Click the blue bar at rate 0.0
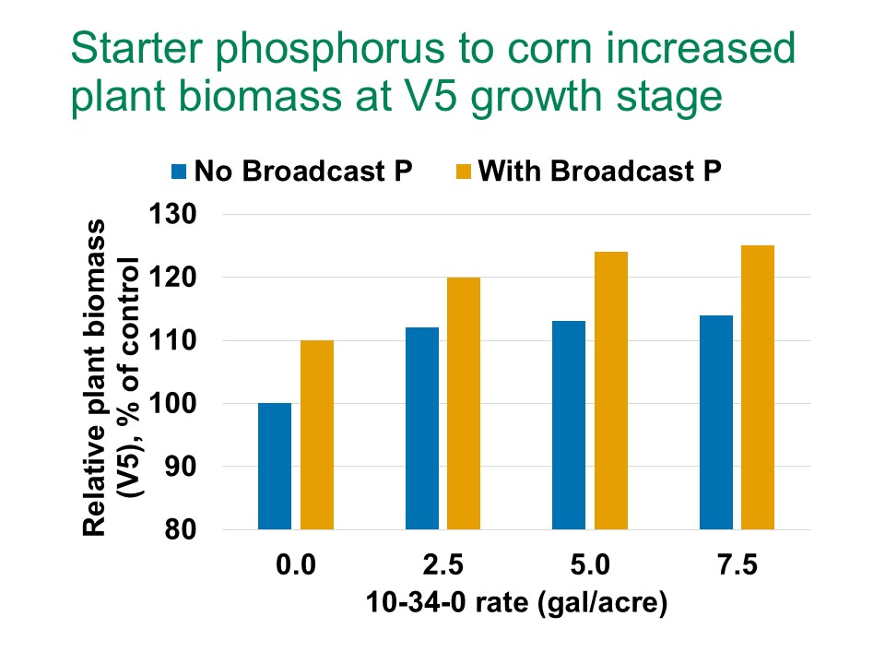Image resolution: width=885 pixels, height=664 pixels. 275,466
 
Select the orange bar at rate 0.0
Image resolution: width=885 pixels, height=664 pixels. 316,434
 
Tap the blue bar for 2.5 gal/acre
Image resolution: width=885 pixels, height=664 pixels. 421,428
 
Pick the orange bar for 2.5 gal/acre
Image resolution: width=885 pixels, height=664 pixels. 463,403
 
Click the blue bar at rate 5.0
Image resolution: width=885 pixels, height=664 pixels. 569,425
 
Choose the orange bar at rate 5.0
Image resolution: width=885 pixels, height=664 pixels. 610,390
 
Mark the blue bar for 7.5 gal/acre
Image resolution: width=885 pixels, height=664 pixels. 715,422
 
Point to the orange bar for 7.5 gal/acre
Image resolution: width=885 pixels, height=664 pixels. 757,387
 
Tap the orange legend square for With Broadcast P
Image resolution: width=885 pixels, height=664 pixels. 462,172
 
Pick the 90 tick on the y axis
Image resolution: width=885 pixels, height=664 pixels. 188,468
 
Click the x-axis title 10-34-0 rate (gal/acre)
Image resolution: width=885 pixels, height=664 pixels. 514,604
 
